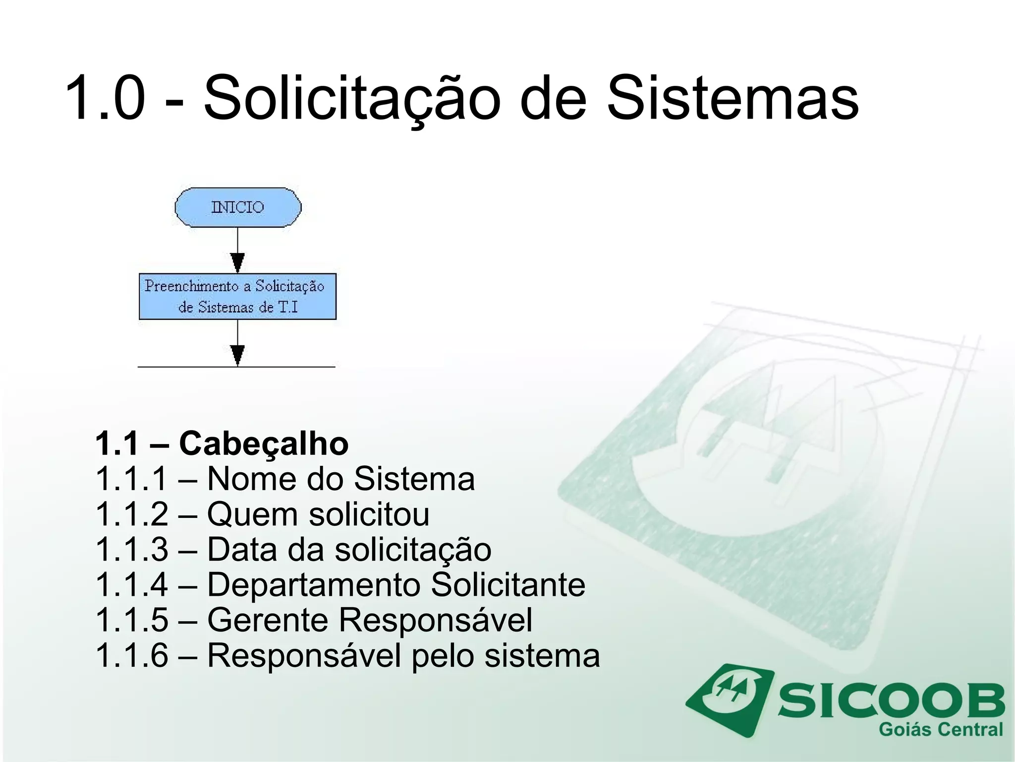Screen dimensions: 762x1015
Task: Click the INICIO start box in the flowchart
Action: coord(238,207)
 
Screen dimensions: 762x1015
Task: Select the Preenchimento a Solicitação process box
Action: coord(237,296)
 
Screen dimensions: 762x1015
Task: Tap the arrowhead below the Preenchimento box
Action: coord(238,355)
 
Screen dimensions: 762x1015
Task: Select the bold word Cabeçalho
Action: coord(264,443)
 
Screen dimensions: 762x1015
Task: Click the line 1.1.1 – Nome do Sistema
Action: coord(285,479)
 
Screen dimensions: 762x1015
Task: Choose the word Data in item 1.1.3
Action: coord(242,550)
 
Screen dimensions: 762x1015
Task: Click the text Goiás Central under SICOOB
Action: coord(941,730)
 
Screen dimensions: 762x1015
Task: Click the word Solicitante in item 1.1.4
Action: coord(508,585)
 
